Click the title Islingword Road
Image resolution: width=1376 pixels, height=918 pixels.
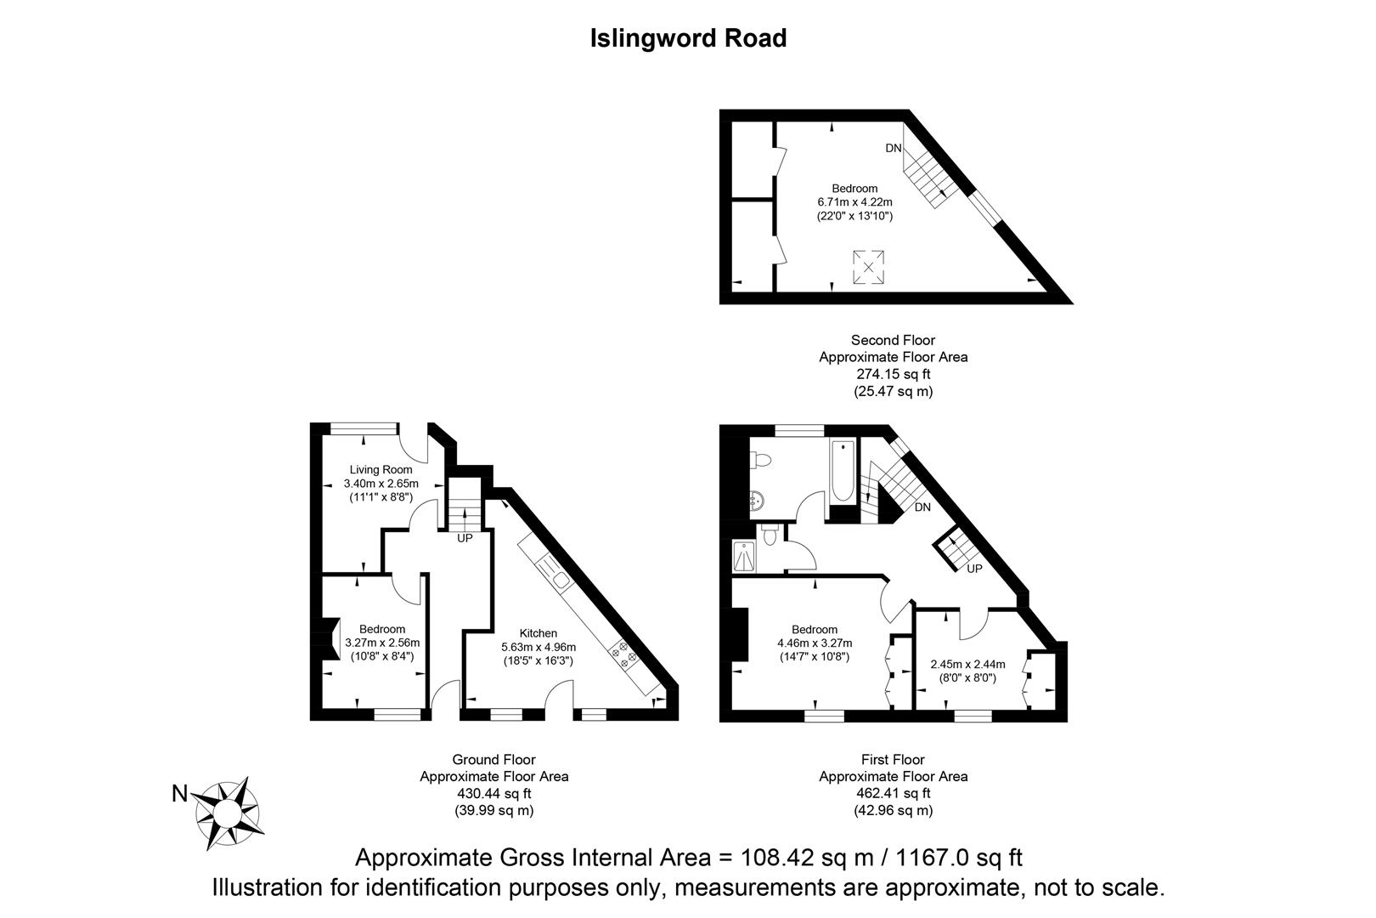[688, 38]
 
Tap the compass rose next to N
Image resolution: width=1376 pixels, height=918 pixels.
[227, 813]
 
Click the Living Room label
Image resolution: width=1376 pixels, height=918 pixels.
[381, 470]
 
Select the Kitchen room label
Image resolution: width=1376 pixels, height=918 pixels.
[539, 633]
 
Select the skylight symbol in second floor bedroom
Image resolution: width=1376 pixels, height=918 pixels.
[868, 267]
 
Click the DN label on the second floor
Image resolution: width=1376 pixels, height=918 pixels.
[894, 148]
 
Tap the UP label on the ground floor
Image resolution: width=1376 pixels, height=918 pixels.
[465, 538]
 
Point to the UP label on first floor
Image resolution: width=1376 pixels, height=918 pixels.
[975, 568]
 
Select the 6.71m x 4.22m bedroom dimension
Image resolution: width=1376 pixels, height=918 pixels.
[854, 202]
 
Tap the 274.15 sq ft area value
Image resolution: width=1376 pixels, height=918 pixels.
[893, 374]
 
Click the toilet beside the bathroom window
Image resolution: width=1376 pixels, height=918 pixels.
[762, 460]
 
